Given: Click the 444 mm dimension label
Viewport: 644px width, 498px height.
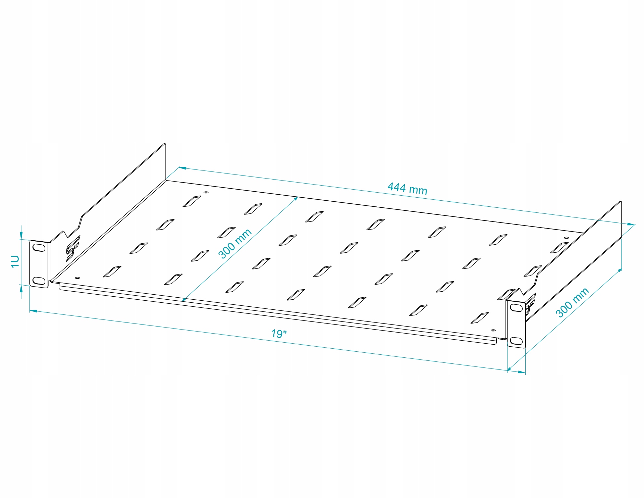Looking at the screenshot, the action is [x=407, y=188].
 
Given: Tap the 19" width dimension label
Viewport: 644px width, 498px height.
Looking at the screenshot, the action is [x=279, y=334].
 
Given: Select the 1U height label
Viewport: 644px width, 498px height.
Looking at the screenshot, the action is [x=15, y=261].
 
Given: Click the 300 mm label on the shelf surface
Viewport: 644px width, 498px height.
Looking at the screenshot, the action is [x=235, y=244].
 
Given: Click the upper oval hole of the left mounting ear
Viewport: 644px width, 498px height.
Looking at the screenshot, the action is [x=39, y=248].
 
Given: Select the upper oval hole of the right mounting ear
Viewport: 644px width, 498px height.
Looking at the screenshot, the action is [x=517, y=308].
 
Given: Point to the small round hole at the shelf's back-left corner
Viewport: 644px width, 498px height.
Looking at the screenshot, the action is [x=206, y=193].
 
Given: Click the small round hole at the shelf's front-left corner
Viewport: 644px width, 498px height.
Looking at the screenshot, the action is [x=77, y=278].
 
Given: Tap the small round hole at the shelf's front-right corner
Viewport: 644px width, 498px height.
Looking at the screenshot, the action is [x=493, y=331].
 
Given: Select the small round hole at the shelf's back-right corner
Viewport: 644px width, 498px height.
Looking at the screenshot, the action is [x=567, y=238].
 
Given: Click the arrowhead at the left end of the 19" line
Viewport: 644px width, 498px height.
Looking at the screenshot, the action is [x=33, y=311].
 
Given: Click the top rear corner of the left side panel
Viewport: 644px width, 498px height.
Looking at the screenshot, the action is [x=165, y=144].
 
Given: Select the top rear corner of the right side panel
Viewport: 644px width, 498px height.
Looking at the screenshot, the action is [x=621, y=202].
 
